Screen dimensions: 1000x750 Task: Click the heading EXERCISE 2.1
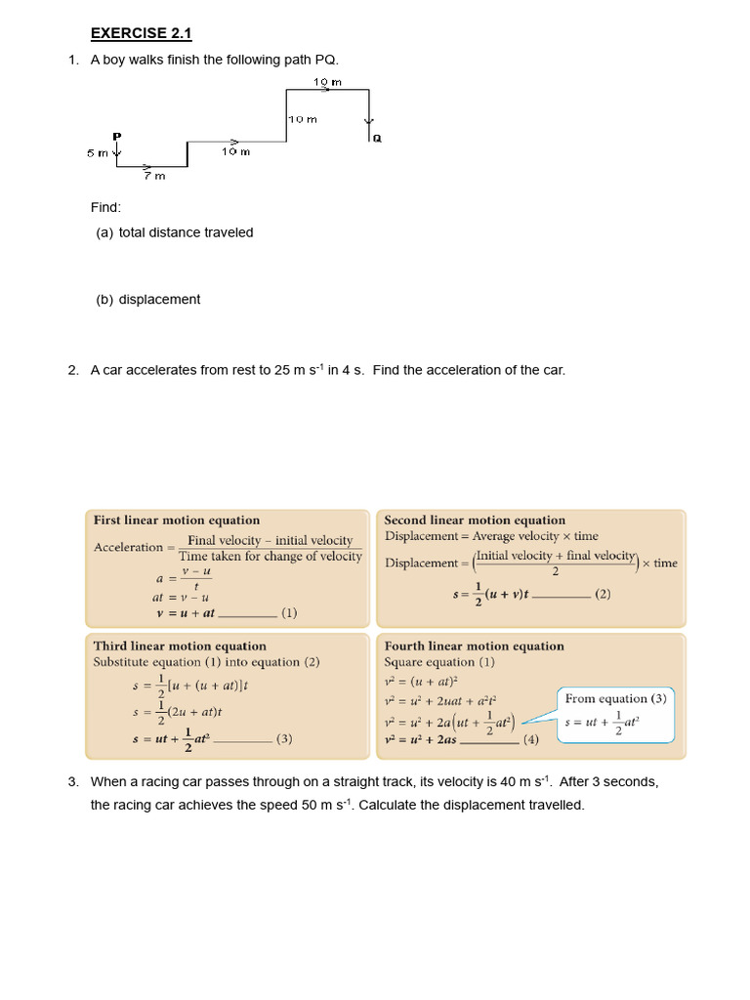click(x=141, y=34)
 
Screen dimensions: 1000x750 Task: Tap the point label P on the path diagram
click(x=116, y=136)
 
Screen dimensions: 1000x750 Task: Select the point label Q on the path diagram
click(x=377, y=139)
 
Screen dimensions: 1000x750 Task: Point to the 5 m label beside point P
click(x=98, y=152)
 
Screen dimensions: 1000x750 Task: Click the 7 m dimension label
click(x=154, y=176)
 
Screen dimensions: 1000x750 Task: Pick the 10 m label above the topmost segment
click(x=327, y=83)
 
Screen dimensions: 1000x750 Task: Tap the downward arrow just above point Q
click(x=369, y=121)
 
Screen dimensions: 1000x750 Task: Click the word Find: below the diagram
click(x=105, y=207)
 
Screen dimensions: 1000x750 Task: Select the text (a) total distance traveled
click(x=174, y=232)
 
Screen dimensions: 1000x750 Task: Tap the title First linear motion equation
click(x=176, y=521)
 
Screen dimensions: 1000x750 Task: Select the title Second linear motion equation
click(x=475, y=521)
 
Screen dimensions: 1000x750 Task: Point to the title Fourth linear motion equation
click(x=474, y=646)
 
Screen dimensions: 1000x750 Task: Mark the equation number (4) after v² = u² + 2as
click(x=530, y=740)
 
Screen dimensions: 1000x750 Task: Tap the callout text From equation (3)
click(x=615, y=699)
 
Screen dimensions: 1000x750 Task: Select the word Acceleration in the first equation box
click(x=128, y=548)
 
